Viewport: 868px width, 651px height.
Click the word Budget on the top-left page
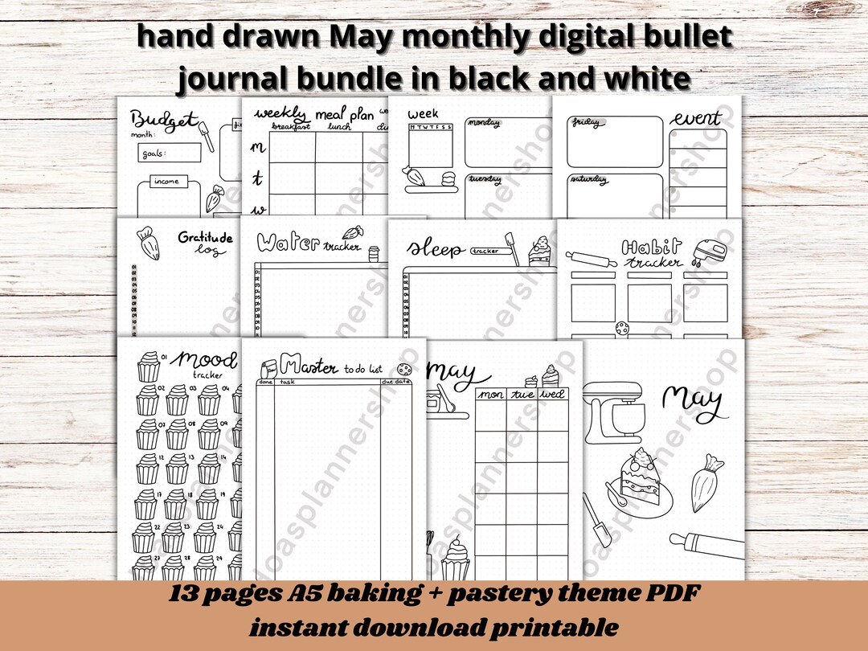coord(164,121)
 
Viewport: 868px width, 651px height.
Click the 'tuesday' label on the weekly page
coord(485,179)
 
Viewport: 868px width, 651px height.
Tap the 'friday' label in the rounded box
coord(587,122)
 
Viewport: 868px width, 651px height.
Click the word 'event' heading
coord(696,120)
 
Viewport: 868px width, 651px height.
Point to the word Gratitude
coord(205,237)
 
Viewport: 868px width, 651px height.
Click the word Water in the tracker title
coord(289,242)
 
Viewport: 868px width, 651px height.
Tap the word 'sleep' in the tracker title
coord(435,249)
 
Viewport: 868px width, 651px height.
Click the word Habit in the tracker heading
coord(651,248)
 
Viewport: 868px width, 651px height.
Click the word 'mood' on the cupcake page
coord(207,358)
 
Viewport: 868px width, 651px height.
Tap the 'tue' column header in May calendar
coord(522,395)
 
